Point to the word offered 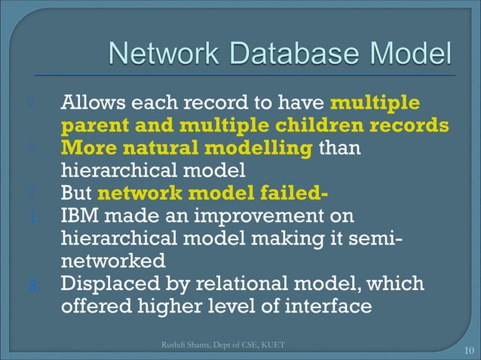[93, 307]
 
